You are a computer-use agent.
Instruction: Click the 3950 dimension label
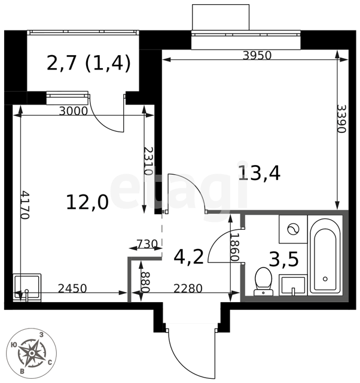[257, 56]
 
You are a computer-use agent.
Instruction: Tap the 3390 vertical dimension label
[341, 118]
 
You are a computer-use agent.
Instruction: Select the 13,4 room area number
[259, 173]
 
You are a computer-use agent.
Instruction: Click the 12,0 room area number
[87, 202]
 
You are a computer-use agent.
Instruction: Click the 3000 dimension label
[74, 111]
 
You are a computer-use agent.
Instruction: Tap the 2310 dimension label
[148, 161]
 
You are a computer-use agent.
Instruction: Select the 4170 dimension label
[25, 205]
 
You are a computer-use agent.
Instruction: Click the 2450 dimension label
[72, 288]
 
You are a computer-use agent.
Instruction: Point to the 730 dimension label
[147, 244]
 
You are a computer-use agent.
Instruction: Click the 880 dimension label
[145, 282]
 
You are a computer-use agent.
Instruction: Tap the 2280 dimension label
[188, 288]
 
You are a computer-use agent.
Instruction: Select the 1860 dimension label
[234, 247]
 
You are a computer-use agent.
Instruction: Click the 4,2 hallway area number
[188, 257]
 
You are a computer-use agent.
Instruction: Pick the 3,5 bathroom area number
[283, 259]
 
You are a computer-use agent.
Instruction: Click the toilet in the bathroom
[263, 281]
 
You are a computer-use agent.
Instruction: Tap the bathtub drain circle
[325, 279]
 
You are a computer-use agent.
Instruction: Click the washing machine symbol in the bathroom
[293, 229]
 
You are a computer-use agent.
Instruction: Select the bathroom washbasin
[293, 285]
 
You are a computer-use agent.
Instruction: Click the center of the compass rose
[32, 353]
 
